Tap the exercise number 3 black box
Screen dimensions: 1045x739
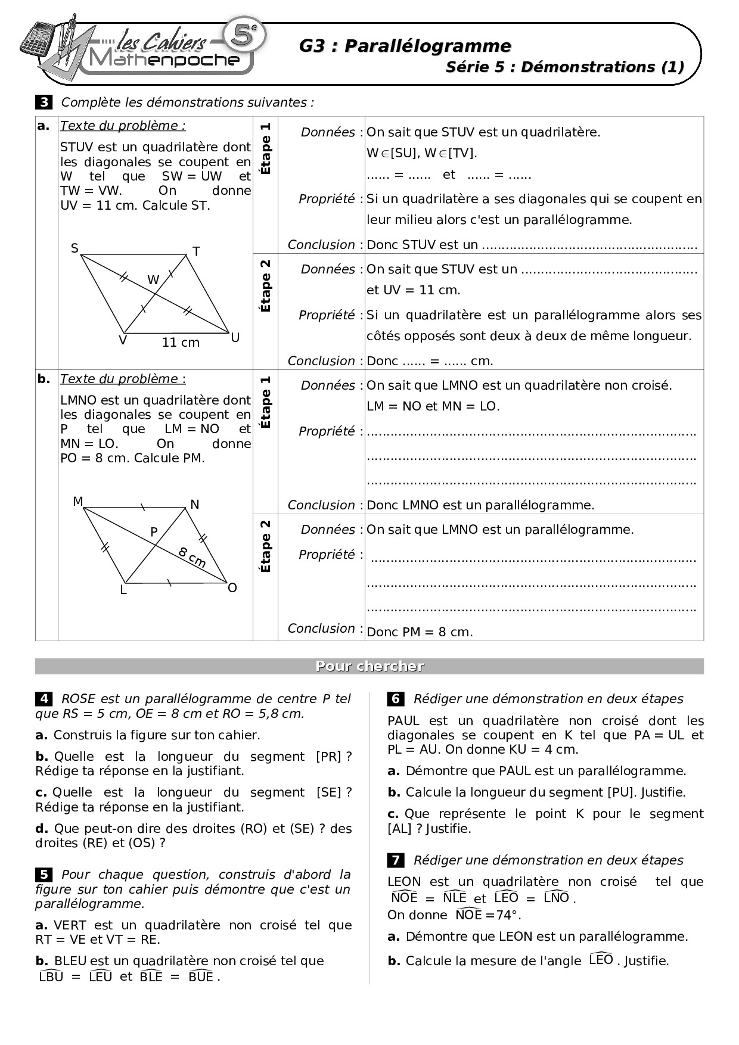pos(44,102)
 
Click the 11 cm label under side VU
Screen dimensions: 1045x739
pos(181,343)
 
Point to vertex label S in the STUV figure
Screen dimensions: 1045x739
pos(74,248)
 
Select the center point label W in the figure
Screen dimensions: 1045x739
pos(153,279)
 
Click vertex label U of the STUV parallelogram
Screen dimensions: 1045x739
pos(235,338)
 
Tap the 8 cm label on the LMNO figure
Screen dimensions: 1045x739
pos(192,557)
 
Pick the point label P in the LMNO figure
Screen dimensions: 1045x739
pos(154,532)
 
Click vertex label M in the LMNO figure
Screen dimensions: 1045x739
pos(78,502)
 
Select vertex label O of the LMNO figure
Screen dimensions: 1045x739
pos(232,588)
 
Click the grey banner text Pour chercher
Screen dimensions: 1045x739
pos(369,666)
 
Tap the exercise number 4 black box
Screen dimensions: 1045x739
pos(44,699)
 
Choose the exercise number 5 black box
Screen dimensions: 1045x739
pos(44,875)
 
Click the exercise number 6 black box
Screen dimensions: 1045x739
pos(396,699)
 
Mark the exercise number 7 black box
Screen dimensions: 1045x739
pos(396,860)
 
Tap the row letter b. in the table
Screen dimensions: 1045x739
pos(44,379)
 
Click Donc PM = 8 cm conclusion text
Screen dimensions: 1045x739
pos(420,632)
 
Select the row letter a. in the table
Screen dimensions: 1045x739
pos(44,126)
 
